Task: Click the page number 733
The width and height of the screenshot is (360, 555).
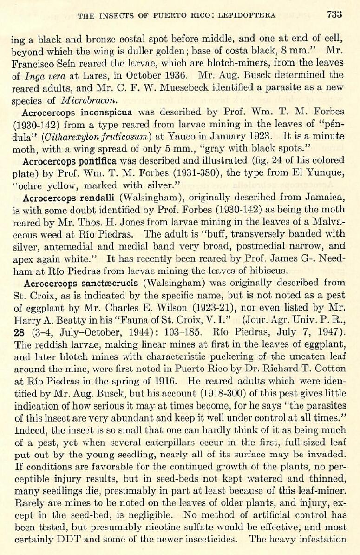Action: [334, 14]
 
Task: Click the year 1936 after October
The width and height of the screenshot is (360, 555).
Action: [176, 75]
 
